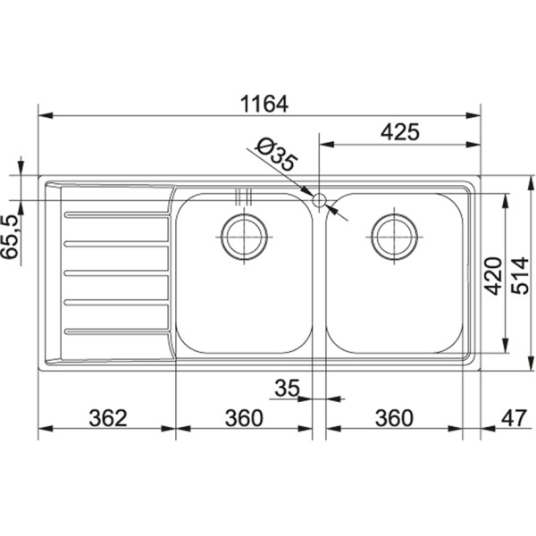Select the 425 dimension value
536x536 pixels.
tap(399, 132)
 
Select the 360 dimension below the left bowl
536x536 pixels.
tap(243, 416)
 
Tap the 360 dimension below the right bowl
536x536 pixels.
tap(393, 416)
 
